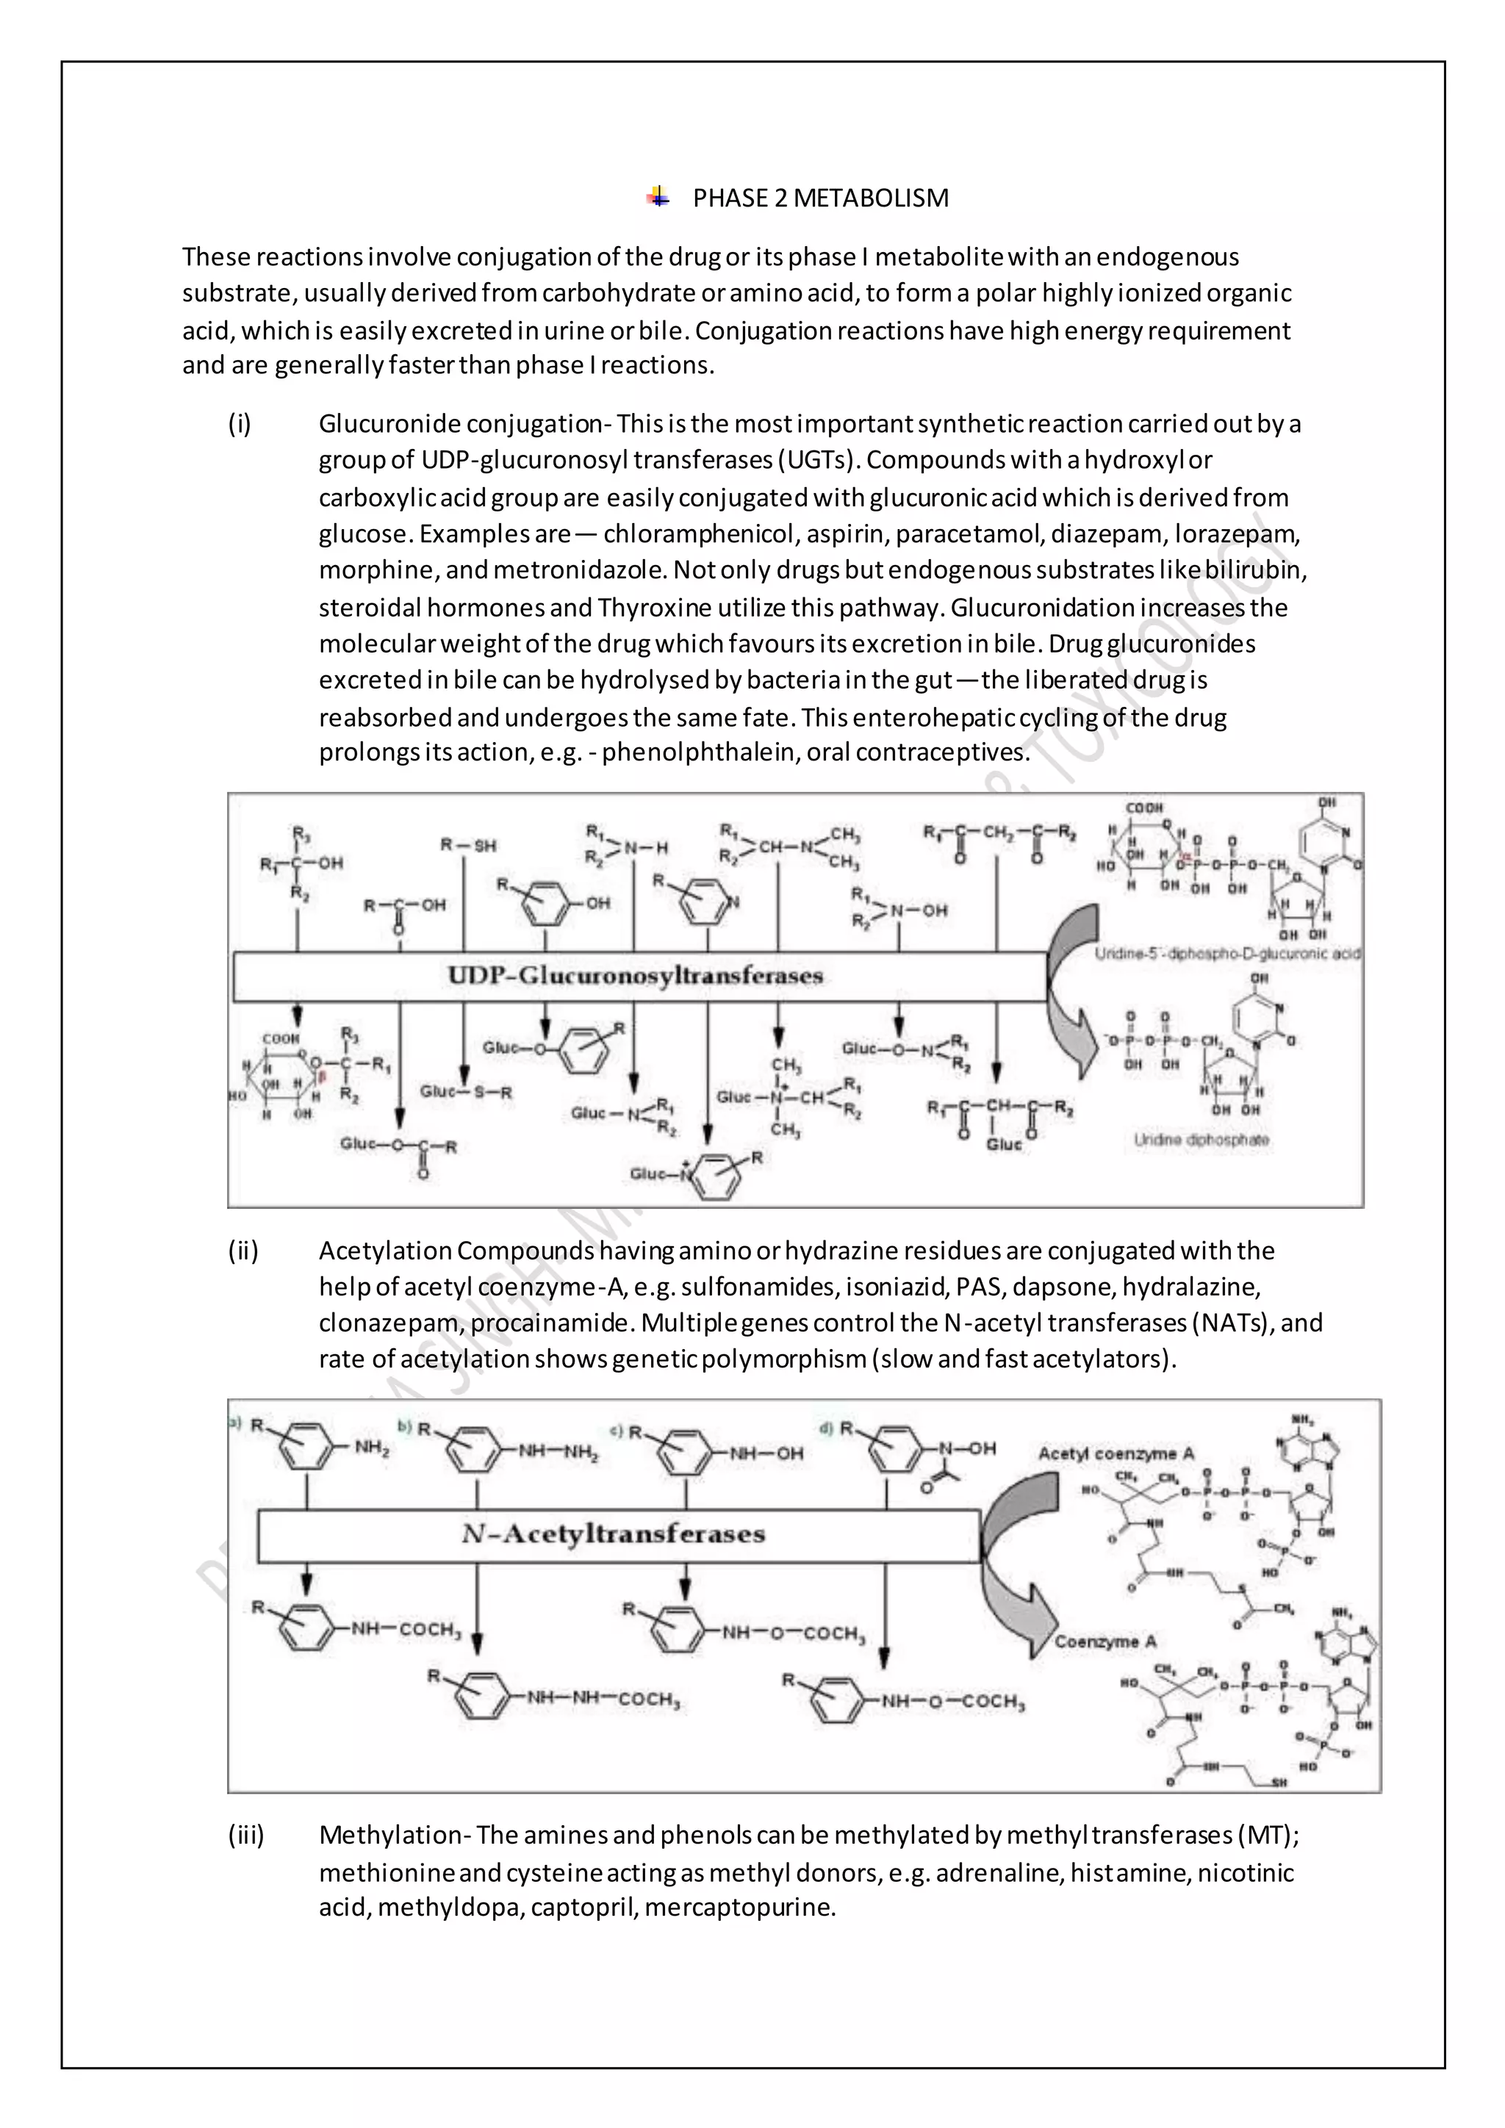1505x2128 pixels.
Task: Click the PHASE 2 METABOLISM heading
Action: click(x=820, y=198)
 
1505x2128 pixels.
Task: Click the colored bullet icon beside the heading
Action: click(x=658, y=196)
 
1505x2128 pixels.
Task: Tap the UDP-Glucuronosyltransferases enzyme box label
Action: click(x=636, y=976)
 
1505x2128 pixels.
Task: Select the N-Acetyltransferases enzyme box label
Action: click(x=614, y=1534)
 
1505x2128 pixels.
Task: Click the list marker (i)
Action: click(x=240, y=425)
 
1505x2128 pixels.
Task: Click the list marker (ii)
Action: click(x=243, y=1251)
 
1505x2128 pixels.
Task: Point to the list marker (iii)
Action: click(x=245, y=1835)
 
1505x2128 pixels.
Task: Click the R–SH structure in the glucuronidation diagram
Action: click(x=468, y=845)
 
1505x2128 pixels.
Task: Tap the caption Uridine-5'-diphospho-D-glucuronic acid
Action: click(x=1227, y=954)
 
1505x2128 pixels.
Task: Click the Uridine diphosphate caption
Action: click(x=1201, y=1140)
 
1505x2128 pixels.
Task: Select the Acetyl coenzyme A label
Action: click(x=1116, y=1453)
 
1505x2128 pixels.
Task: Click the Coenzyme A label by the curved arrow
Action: click(x=1105, y=1642)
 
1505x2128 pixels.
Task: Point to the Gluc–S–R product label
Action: click(x=466, y=1092)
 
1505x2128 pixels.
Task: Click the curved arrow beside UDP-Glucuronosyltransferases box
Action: click(x=1073, y=992)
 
